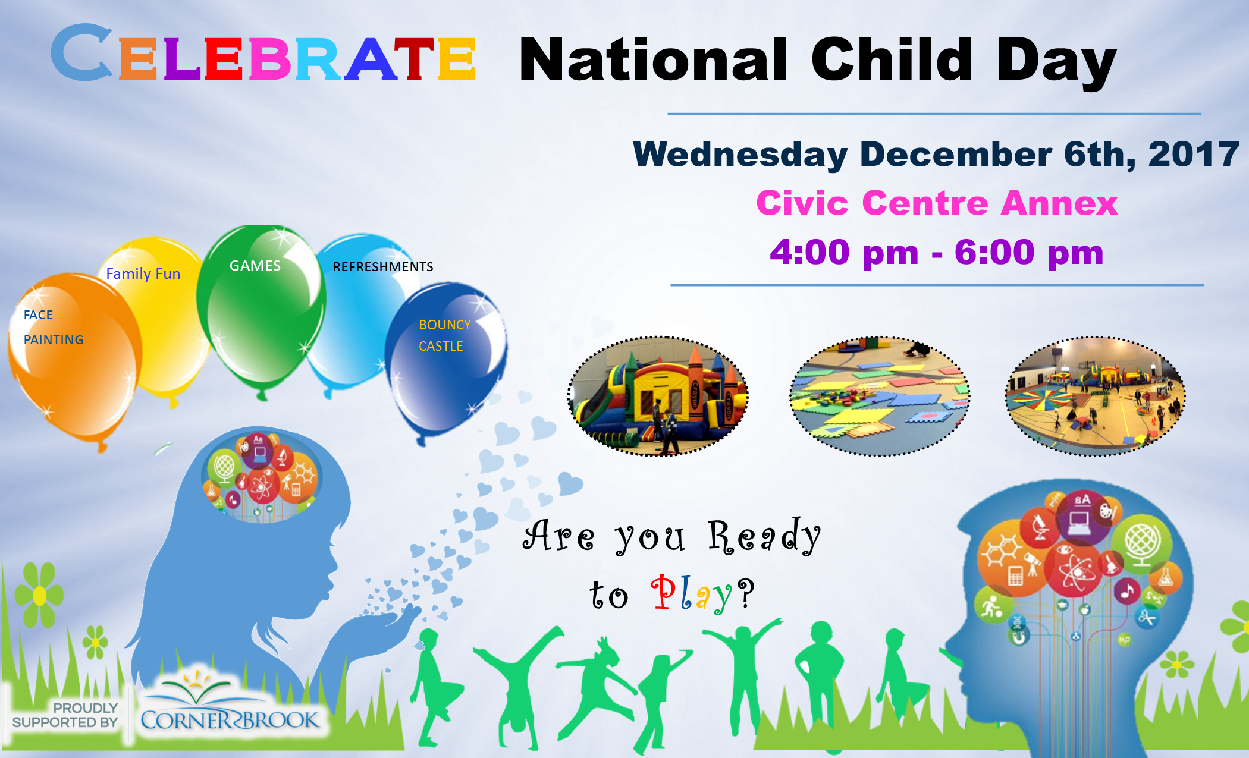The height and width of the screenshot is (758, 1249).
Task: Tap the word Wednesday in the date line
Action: [740, 155]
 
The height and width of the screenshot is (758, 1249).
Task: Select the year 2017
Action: [1194, 154]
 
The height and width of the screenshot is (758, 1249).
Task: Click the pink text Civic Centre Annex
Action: [937, 203]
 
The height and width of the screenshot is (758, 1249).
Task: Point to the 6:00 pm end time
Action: [1029, 252]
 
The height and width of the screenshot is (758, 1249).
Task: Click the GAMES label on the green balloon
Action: [255, 266]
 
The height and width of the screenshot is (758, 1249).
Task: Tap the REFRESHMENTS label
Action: [383, 267]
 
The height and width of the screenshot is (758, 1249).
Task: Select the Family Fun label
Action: [143, 273]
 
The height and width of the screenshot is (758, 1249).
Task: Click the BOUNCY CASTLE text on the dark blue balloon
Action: [444, 335]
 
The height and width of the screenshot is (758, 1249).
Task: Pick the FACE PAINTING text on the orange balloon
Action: [54, 327]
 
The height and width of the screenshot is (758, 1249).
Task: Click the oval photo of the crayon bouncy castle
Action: [658, 396]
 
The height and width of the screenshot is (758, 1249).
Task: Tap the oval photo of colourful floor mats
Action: [880, 396]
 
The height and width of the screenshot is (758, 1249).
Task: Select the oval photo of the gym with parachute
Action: [1095, 396]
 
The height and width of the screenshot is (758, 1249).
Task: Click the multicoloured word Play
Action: [692, 593]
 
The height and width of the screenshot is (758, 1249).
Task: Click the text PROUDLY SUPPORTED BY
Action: [65, 715]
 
